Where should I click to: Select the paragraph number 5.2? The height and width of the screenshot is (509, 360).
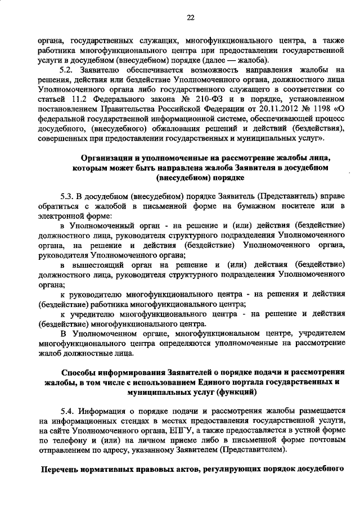point(67,70)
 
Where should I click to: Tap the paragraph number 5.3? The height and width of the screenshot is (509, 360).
point(67,196)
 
